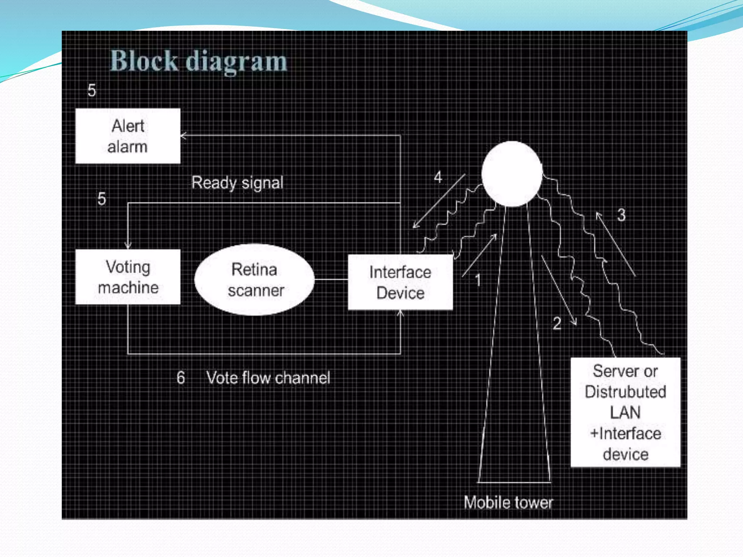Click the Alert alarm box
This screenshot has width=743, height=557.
coord(128,136)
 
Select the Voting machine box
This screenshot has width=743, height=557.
coord(128,277)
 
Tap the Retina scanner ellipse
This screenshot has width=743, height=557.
coord(255,280)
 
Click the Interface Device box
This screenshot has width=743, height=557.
coord(400,282)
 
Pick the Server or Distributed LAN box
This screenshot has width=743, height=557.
coord(625,412)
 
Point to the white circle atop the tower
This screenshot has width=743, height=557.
coord(512,174)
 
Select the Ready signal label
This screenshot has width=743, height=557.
coord(237,182)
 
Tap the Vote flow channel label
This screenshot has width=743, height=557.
coord(268,378)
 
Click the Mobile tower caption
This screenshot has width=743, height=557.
coord(508,503)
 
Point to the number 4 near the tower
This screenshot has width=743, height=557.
coord(438,177)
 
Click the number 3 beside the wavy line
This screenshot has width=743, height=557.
coord(621,215)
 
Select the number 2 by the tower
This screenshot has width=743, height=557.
coord(557,323)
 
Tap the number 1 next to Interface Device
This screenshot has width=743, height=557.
coord(478,280)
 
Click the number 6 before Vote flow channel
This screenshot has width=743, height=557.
coord(181,377)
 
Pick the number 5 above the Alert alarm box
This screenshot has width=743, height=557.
coord(92,90)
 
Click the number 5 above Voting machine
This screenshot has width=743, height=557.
coord(102,199)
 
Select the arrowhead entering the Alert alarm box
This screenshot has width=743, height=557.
coord(184,136)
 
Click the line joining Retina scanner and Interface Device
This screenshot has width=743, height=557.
coord(331,280)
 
